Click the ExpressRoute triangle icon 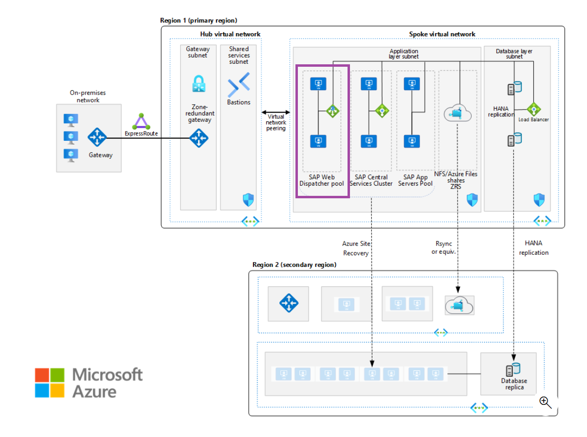141,121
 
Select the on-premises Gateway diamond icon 97,137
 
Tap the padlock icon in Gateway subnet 198,84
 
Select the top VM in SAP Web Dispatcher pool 318,84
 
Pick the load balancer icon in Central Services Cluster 382,111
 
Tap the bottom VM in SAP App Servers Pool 411,141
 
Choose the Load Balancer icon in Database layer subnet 533,109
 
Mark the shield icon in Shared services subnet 248,200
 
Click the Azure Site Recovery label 356,248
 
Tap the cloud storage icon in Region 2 459,305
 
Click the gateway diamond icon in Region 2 288,304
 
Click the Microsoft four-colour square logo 50,382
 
